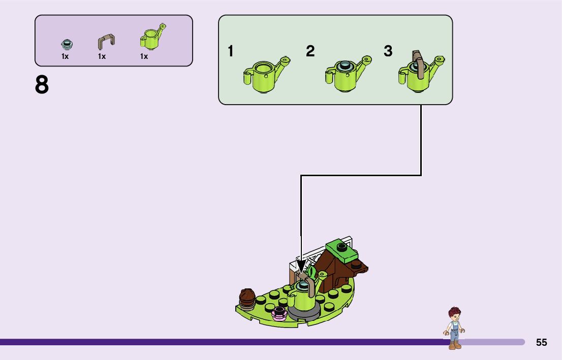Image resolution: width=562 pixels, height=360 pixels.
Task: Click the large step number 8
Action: point(42,85)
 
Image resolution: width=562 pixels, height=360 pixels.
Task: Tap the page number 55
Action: point(541,342)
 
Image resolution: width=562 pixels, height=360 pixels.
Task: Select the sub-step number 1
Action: point(231,51)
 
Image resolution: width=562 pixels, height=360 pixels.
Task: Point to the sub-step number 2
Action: point(310,51)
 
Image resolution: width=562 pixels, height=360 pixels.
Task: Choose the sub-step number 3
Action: point(388,51)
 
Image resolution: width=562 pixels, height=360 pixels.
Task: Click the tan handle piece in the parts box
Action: point(106,41)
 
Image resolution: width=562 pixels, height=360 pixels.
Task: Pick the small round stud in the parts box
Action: point(65,44)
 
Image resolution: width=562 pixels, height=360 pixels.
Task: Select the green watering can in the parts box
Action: point(152,37)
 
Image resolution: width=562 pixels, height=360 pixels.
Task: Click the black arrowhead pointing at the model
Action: point(301,267)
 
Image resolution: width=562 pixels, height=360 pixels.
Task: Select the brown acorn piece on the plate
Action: point(247,298)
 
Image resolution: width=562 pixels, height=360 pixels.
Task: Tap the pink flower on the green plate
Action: point(278,313)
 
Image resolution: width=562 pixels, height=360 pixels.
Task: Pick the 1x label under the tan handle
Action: point(102,57)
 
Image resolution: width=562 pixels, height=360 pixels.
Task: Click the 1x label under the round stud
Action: point(65,57)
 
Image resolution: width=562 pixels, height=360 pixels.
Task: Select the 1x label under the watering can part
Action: point(144,57)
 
